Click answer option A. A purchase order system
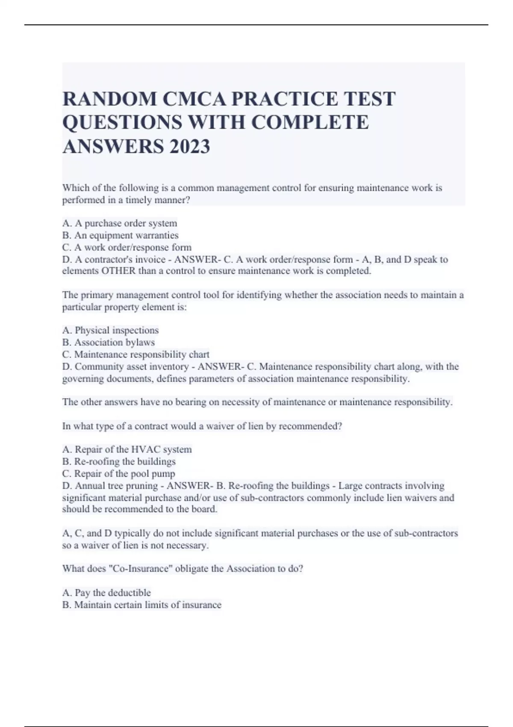pyautogui.click(x=120, y=223)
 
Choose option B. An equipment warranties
pyautogui.click(x=121, y=235)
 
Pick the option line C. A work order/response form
pyautogui.click(x=127, y=247)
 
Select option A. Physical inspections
pyautogui.click(x=110, y=330)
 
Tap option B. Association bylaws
pyautogui.click(x=109, y=342)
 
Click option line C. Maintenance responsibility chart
pyautogui.click(x=136, y=355)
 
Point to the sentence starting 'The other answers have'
pyautogui.click(x=257, y=402)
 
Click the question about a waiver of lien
pyautogui.click(x=202, y=426)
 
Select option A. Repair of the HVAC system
pyautogui.click(x=127, y=449)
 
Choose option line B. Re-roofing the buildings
pyautogui.click(x=119, y=461)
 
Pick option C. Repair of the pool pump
pyautogui.click(x=119, y=473)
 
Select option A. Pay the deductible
pyautogui.click(x=106, y=593)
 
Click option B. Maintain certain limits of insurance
pyautogui.click(x=142, y=605)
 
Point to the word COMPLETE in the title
pyautogui.click(x=310, y=123)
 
